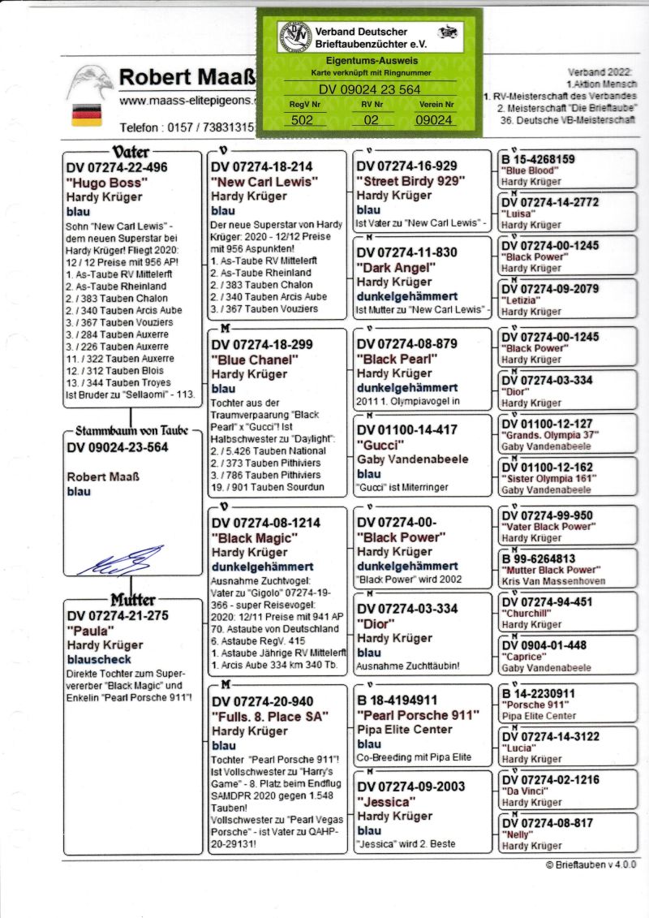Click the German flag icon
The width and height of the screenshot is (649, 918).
coord(81,114)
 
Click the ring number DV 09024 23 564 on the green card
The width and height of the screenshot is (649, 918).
coord(369,90)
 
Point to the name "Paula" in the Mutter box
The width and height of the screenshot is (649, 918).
coord(88,630)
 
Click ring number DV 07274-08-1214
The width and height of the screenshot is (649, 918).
coord(266,523)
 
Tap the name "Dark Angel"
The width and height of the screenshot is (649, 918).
coord(391,267)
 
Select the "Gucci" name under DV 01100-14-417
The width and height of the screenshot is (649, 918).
coord(379,444)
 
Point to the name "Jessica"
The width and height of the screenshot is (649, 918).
coord(385,802)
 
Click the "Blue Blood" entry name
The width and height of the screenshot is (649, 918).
coord(528,171)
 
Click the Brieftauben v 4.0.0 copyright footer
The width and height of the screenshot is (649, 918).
coord(591,865)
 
